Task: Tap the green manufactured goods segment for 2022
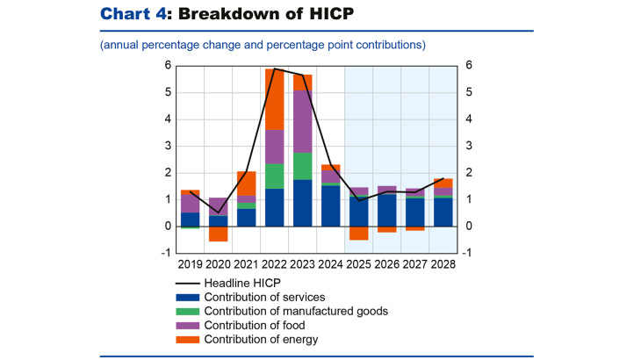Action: click(x=275, y=176)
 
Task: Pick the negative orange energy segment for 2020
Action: click(x=219, y=234)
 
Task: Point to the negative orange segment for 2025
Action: click(x=359, y=233)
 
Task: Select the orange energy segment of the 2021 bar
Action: click(x=247, y=184)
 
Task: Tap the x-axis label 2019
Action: click(x=191, y=263)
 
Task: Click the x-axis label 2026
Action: click(x=387, y=263)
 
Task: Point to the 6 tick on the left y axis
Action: click(x=168, y=65)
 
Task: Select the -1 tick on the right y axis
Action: click(x=468, y=254)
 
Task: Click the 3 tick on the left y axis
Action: click(x=168, y=146)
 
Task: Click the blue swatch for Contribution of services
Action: click(x=188, y=297)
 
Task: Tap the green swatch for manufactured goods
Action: click(x=188, y=311)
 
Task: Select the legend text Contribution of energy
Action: click(x=262, y=339)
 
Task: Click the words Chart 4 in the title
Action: click(x=133, y=14)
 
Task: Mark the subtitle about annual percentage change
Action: click(x=263, y=44)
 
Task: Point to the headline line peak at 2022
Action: click(x=275, y=68)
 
